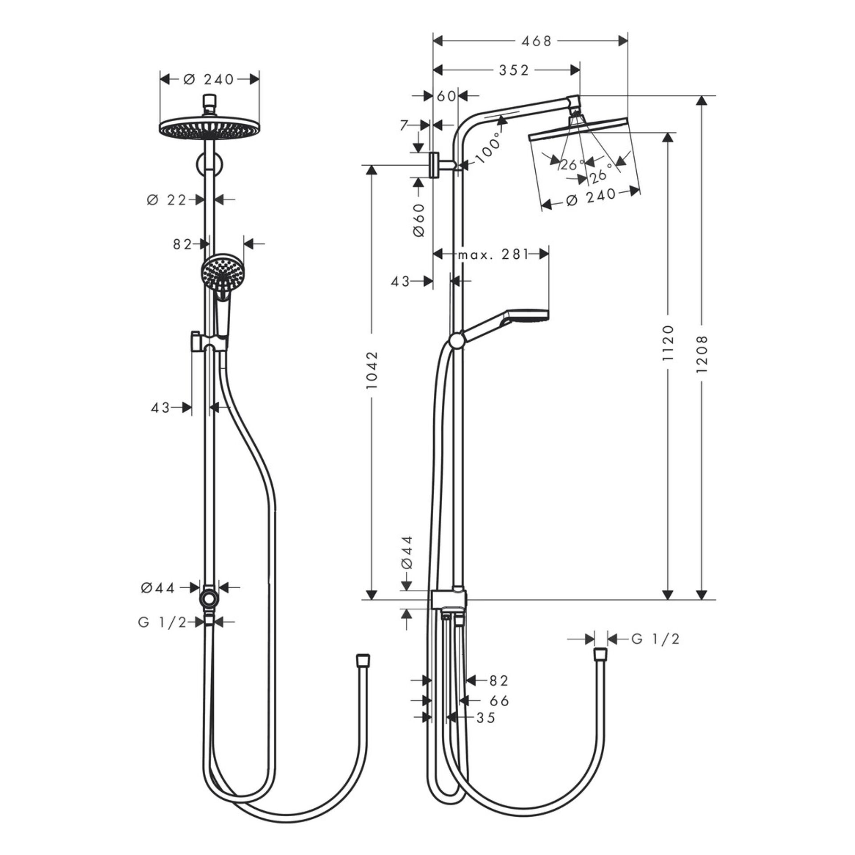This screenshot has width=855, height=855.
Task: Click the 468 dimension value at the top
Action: click(536, 41)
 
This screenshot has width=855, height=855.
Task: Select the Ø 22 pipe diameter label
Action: click(167, 200)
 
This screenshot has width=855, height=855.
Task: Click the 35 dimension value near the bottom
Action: click(485, 717)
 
